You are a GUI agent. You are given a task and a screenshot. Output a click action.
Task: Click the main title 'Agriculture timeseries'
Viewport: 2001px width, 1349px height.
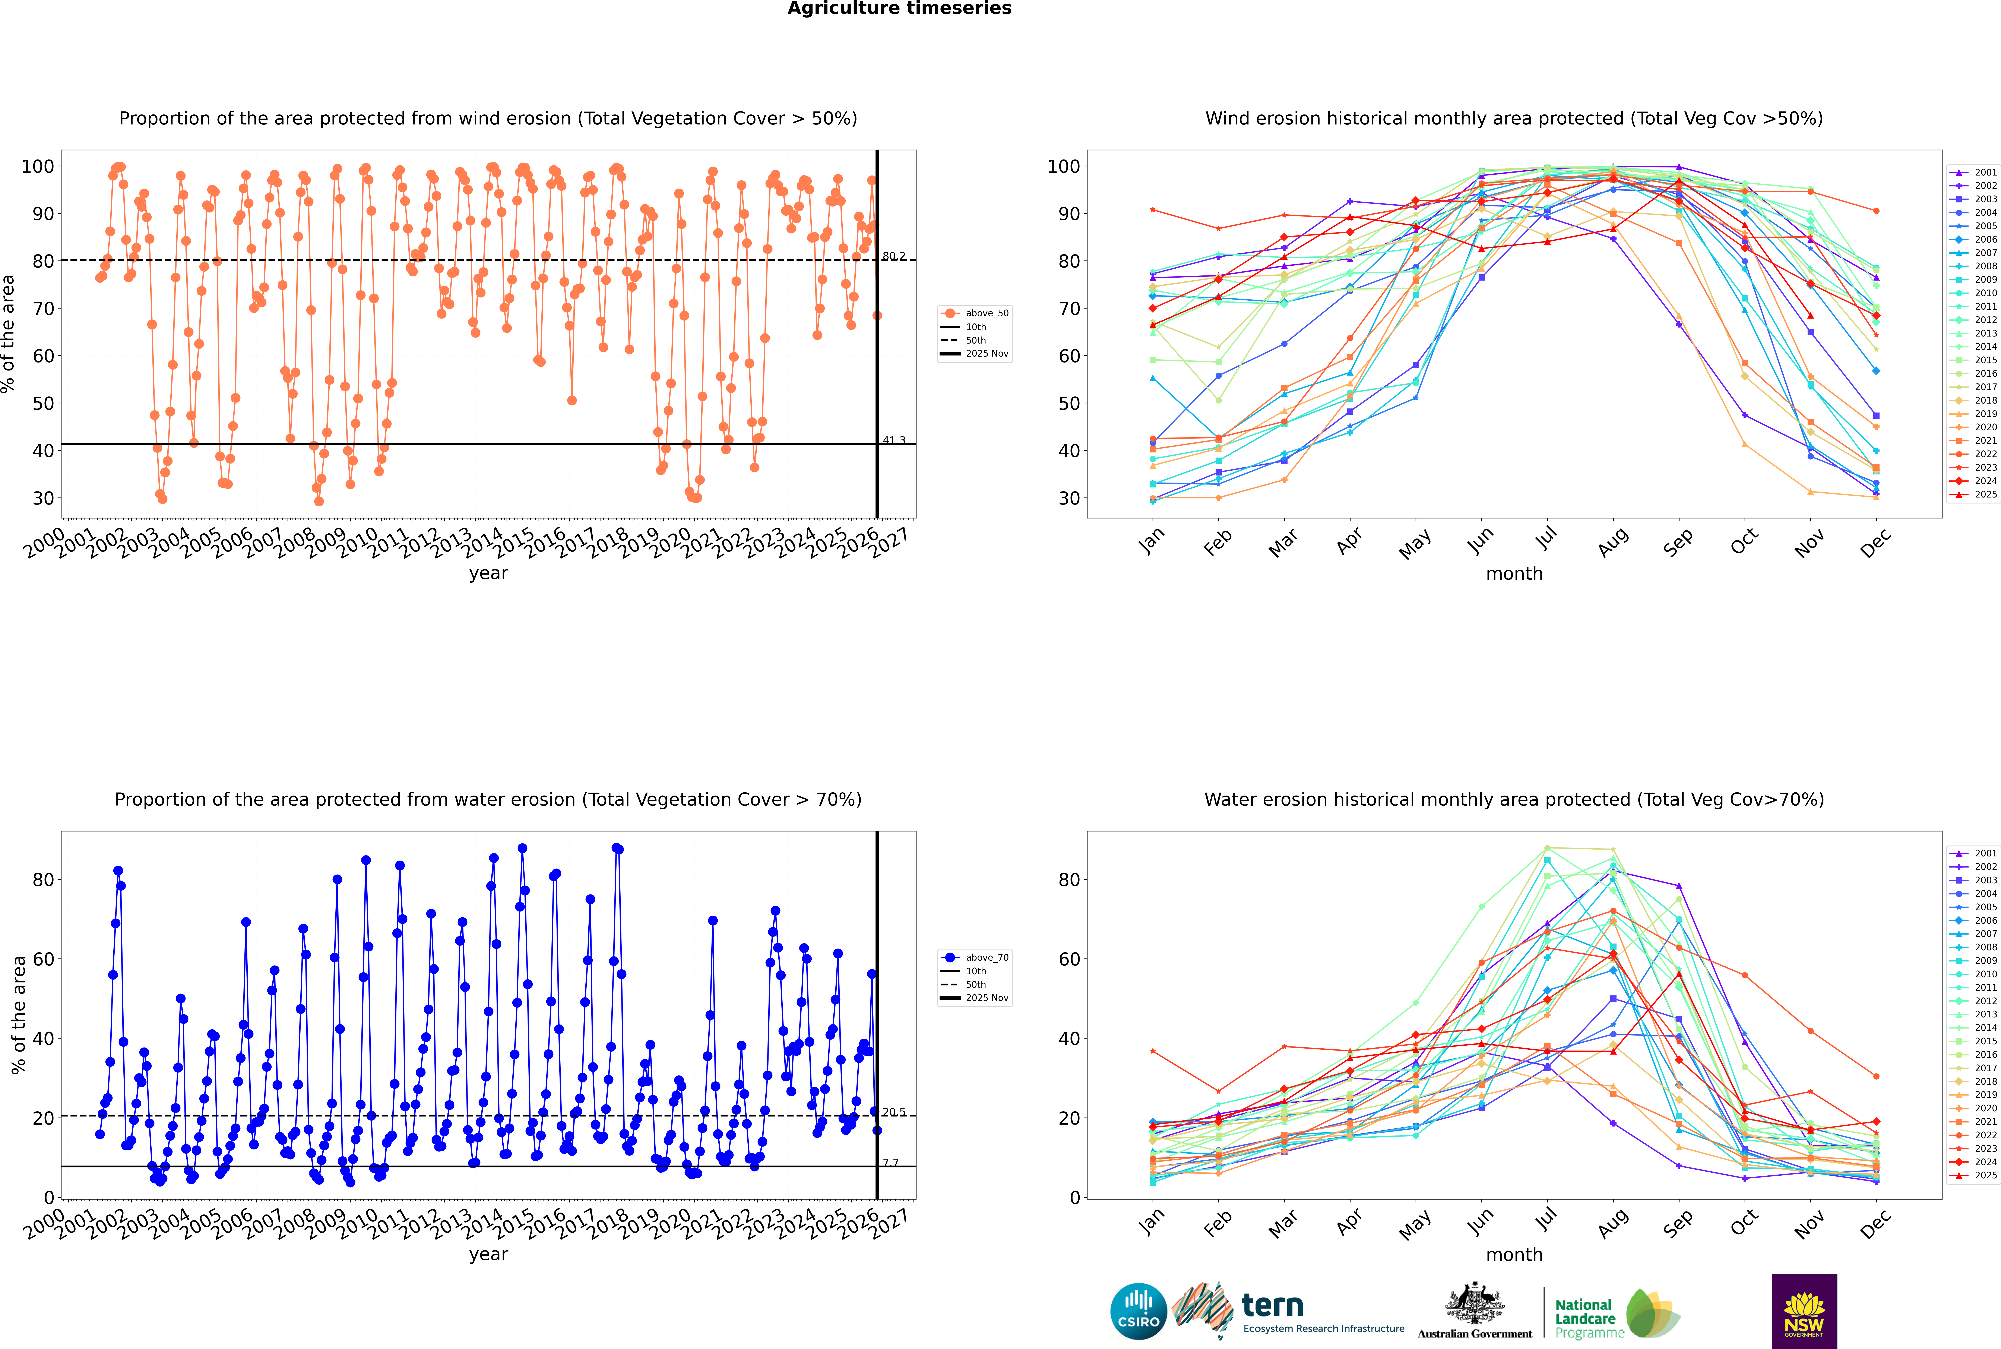click(899, 9)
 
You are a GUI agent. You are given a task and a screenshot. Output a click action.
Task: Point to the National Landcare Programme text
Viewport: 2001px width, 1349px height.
click(1586, 1318)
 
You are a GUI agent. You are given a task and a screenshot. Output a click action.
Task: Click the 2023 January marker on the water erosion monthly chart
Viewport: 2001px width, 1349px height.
click(1153, 1051)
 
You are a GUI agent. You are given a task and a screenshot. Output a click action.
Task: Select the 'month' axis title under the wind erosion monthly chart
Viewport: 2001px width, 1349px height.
click(1514, 574)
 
